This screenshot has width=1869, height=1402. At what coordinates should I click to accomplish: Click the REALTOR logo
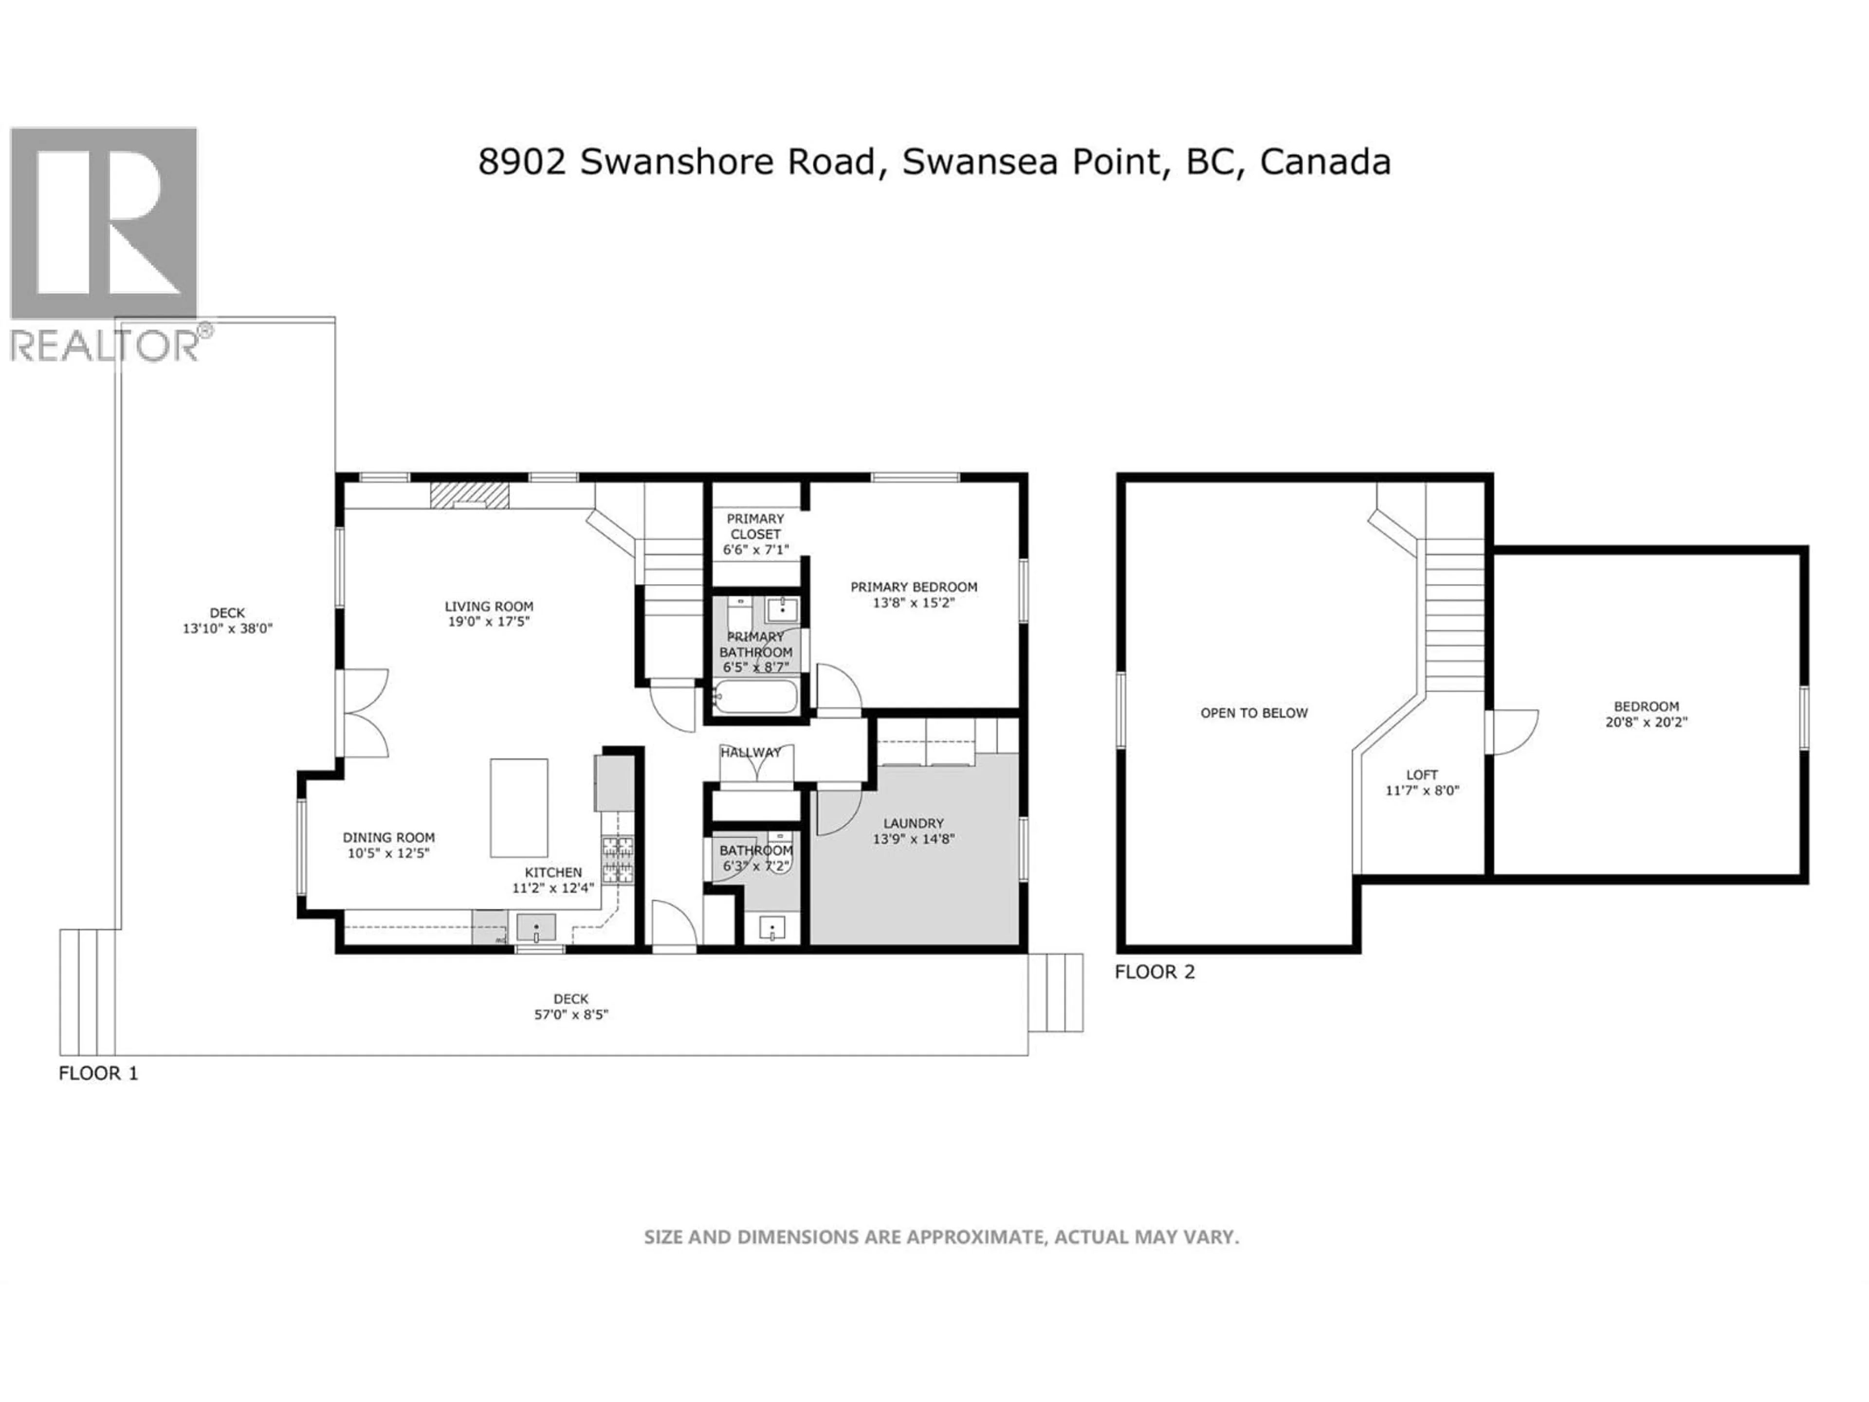[x=104, y=245]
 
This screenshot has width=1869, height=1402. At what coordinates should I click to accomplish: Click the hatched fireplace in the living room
[x=469, y=495]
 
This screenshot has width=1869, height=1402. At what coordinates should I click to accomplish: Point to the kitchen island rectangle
[x=519, y=807]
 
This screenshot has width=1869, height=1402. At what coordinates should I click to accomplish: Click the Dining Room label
[x=389, y=837]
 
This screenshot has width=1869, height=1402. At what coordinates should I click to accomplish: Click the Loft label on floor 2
[x=1422, y=774]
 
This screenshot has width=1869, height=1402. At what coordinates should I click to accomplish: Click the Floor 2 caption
[x=1154, y=972]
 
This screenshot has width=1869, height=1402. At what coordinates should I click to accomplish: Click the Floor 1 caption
[x=98, y=1073]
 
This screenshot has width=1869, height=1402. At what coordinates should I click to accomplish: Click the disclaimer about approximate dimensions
[x=941, y=1237]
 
